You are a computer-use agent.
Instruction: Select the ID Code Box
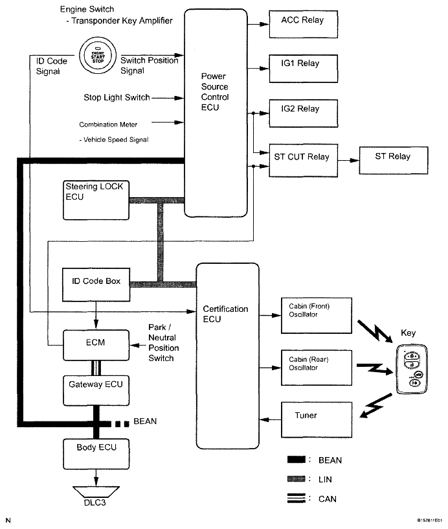[96, 283]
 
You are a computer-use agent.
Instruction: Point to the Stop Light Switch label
[117, 98]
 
